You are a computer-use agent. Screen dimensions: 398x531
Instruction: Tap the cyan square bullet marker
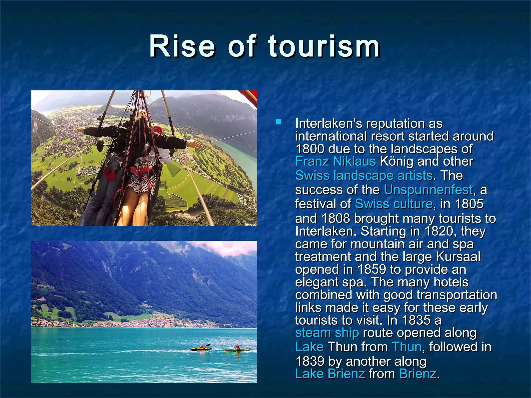point(278,122)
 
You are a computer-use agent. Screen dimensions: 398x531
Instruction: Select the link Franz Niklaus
point(336,161)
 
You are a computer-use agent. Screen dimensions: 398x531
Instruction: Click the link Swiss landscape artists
point(364,175)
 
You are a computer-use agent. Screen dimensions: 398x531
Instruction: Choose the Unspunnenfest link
point(428,190)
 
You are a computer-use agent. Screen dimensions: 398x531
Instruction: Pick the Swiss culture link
point(394,204)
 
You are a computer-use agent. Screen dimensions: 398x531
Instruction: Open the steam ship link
point(327,333)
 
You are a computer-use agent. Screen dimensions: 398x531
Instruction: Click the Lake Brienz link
point(330,374)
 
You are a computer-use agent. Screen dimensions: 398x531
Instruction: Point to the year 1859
point(372,269)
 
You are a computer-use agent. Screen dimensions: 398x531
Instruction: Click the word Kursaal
point(458,257)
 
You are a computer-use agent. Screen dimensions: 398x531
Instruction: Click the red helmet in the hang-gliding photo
point(157,128)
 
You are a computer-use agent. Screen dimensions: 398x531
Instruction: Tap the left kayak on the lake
point(201,349)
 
